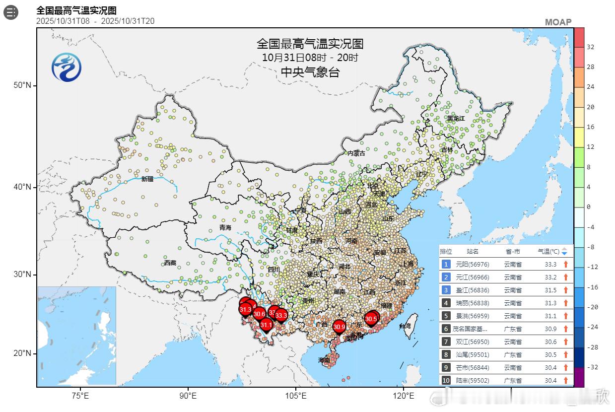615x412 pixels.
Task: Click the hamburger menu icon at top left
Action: pyautogui.click(x=11, y=12)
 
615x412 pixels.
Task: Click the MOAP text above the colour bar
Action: pyautogui.click(x=558, y=22)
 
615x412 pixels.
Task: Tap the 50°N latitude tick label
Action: pyautogui.click(x=22, y=85)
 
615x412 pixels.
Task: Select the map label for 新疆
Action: pyautogui.click(x=147, y=179)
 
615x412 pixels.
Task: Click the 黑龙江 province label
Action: pyautogui.click(x=456, y=119)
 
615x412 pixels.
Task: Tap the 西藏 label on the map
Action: pyautogui.click(x=170, y=263)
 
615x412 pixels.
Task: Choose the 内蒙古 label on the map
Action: pyautogui.click(x=356, y=153)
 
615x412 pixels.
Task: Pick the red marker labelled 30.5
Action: pyautogui.click(x=371, y=318)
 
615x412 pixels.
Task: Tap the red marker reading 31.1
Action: pyautogui.click(x=266, y=324)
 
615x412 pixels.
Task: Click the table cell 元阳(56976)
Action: pyautogui.click(x=469, y=264)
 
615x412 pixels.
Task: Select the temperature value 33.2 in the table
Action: pyautogui.click(x=550, y=277)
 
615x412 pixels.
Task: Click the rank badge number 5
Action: pyautogui.click(x=446, y=316)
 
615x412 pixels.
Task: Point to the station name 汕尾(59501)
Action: pyautogui.click(x=469, y=354)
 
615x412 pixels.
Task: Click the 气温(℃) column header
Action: pyautogui.click(x=548, y=251)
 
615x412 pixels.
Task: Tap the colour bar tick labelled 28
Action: pyautogui.click(x=591, y=67)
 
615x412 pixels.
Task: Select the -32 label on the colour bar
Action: pyautogui.click(x=591, y=367)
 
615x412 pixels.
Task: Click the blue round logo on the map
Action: pyautogui.click(x=67, y=67)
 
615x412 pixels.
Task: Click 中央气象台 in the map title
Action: pyautogui.click(x=310, y=72)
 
